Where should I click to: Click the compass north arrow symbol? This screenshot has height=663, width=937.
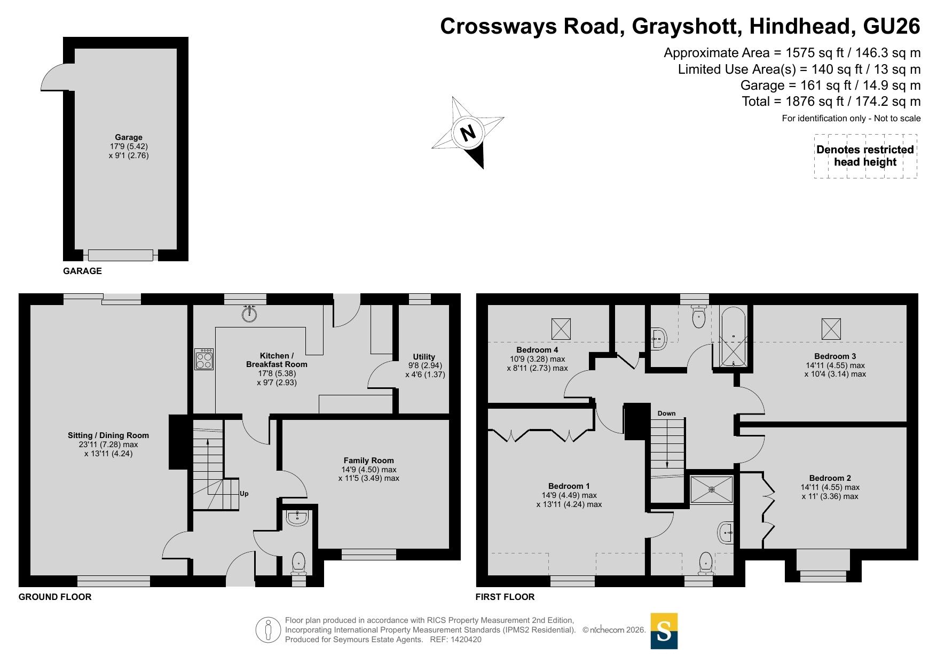[468, 132]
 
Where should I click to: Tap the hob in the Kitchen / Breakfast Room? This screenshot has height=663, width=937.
[204, 359]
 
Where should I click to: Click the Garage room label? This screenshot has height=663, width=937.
[129, 137]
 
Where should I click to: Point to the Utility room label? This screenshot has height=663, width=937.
[424, 357]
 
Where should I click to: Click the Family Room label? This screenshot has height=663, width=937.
[368, 461]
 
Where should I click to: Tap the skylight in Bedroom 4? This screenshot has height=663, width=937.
[561, 329]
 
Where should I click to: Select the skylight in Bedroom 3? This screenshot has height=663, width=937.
[831, 329]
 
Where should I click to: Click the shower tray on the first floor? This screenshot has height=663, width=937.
[712, 489]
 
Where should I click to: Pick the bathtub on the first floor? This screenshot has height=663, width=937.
[734, 337]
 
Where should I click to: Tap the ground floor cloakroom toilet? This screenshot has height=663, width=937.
[298, 564]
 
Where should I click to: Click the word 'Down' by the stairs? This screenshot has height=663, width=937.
[666, 414]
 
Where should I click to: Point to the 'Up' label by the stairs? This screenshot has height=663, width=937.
[244, 494]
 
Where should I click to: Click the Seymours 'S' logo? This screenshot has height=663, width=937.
[664, 631]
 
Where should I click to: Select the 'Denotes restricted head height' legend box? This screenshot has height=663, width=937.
[865, 156]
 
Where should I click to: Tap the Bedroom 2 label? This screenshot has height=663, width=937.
[830, 478]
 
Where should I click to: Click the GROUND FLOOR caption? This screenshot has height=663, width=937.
[55, 597]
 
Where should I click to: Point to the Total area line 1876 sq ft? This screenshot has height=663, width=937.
[831, 102]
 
